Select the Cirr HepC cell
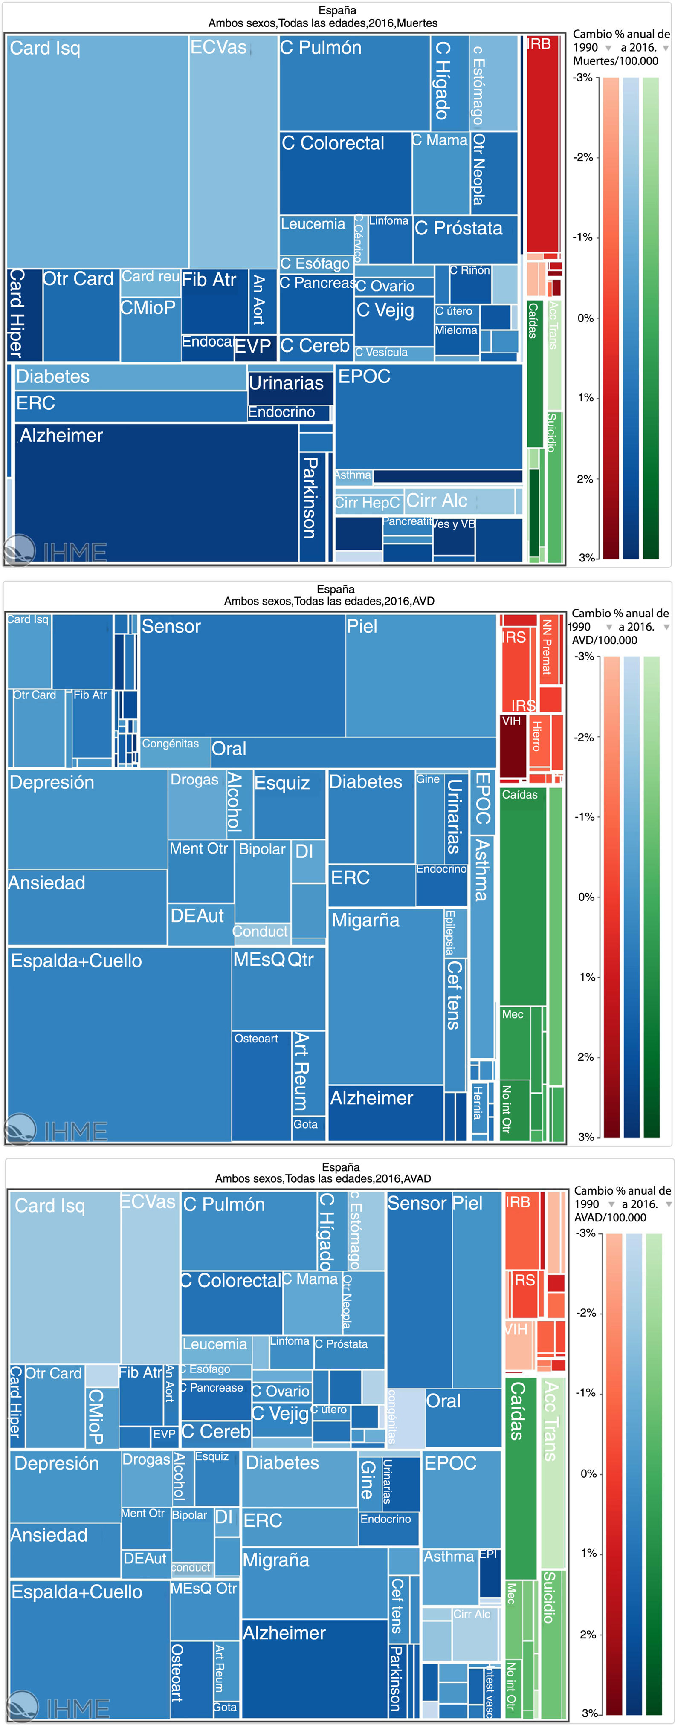[x=367, y=502]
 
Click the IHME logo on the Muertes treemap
[x=54, y=550]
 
